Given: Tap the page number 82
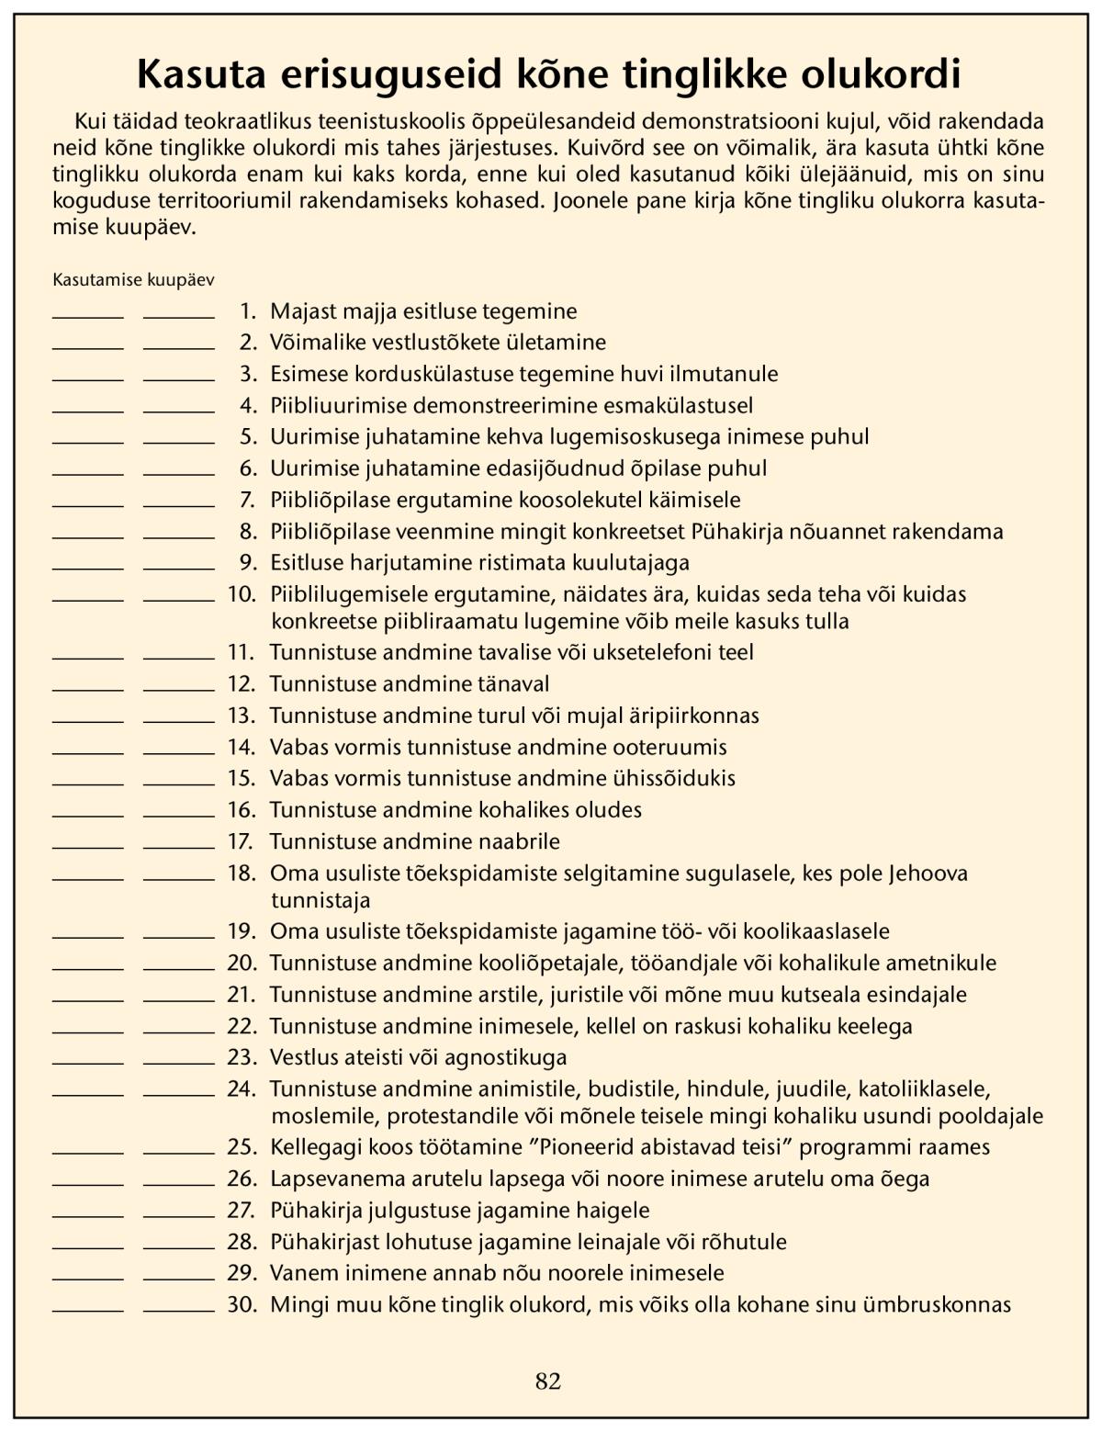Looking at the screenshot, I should (548, 1381).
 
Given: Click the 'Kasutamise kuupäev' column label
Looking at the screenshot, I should (133, 280).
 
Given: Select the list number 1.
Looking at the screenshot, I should (247, 311).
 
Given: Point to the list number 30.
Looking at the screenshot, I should (242, 1304).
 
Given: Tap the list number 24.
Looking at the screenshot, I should (242, 1089).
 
